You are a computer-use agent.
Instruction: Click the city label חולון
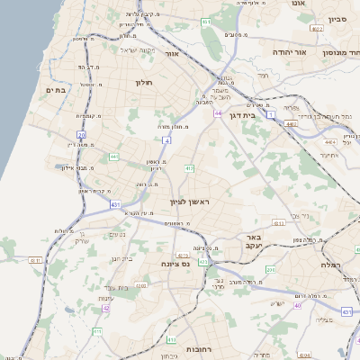(144, 83)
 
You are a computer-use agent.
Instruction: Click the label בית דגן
(256, 115)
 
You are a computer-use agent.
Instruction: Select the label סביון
(337, 18)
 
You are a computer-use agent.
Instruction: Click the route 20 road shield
(81, 136)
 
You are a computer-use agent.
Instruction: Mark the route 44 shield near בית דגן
(219, 113)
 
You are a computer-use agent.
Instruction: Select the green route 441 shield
(113, 157)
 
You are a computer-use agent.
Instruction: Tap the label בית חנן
(121, 259)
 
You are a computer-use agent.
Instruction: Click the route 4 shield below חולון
(166, 140)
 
